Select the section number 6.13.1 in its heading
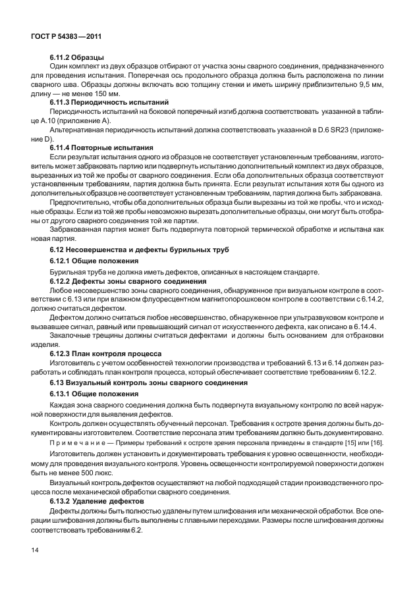point(63,394)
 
